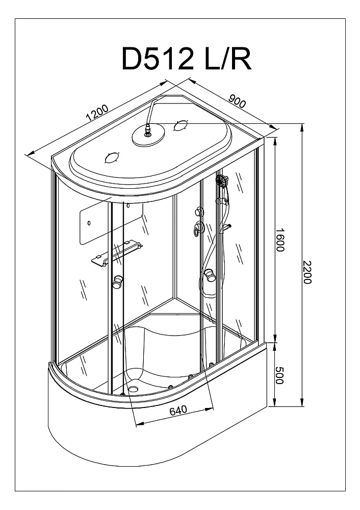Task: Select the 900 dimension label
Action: point(238,101)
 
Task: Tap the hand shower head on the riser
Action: point(222,181)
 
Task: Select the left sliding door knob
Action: point(118,282)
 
